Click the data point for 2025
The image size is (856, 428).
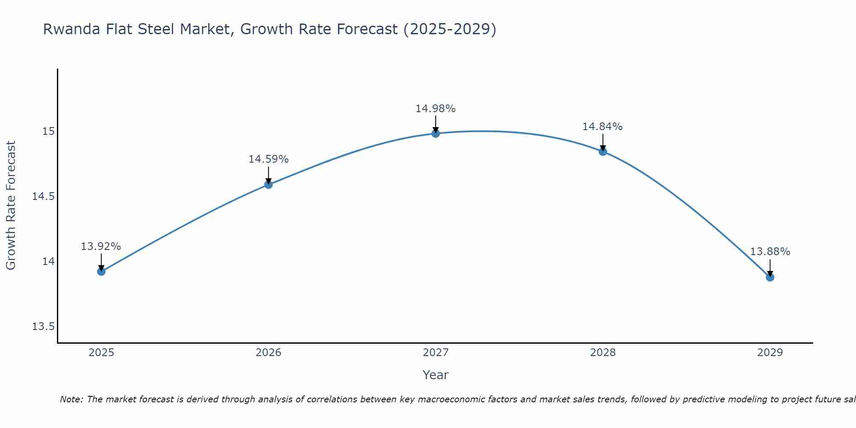coord(101,271)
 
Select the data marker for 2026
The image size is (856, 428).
coord(268,184)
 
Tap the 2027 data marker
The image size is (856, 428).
coord(436,134)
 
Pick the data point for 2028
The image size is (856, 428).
coord(603,152)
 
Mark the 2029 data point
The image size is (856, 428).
coord(770,277)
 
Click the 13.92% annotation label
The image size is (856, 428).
coord(101,247)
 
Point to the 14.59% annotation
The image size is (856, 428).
coord(268,159)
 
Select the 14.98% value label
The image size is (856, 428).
coord(436,109)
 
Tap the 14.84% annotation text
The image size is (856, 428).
coord(603,127)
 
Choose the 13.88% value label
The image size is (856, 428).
coord(770,252)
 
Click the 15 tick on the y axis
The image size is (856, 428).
coord(48,131)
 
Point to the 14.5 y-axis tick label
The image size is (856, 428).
coord(43,196)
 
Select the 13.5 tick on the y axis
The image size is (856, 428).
coord(43,327)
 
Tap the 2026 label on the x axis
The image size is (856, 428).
coord(268,353)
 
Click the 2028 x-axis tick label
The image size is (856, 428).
coord(603,353)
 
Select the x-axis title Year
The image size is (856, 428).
coord(435,375)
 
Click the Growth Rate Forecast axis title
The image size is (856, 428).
coord(11,205)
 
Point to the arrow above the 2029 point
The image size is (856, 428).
coord(770,267)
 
